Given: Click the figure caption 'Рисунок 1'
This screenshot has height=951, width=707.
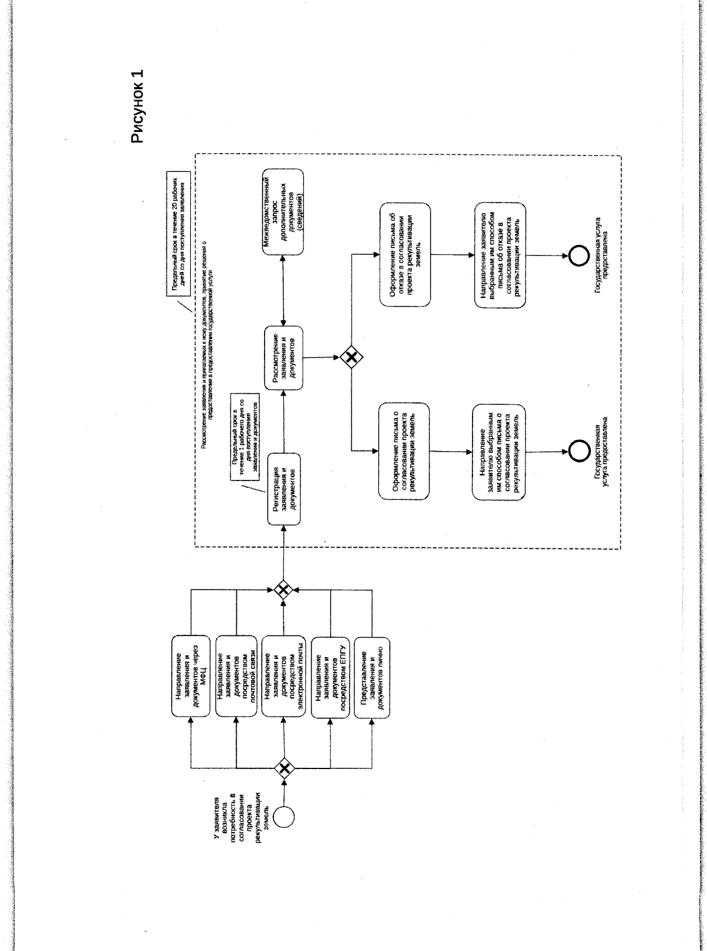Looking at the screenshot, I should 136,107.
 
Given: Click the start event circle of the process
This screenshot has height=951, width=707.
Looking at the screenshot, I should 286,815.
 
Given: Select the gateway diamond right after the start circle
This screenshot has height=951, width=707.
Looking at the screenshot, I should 286,767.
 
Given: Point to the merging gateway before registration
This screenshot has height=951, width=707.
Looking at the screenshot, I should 285,588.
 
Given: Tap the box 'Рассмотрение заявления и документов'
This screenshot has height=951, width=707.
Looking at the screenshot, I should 285,357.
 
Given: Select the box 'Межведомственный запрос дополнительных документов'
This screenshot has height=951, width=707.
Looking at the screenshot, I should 283,212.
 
